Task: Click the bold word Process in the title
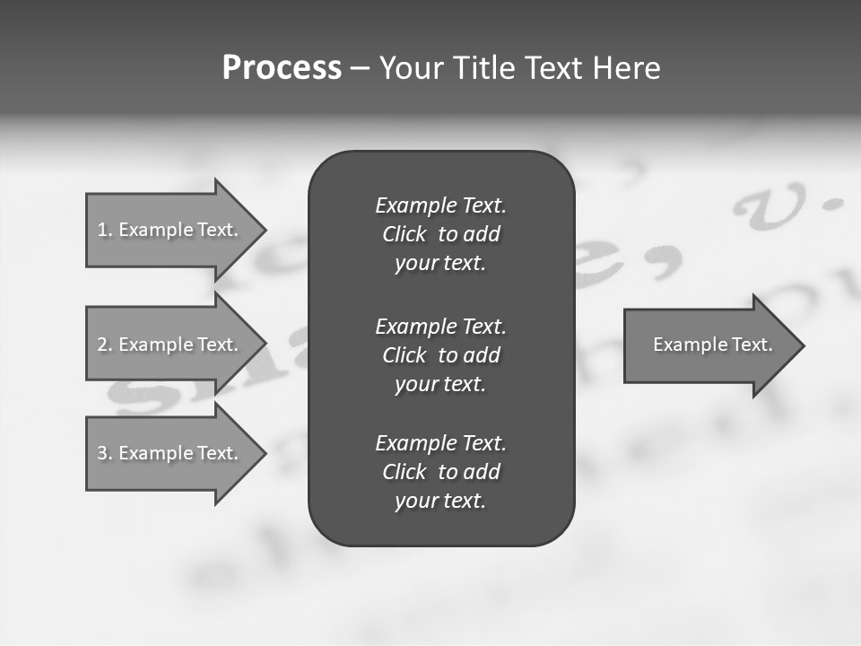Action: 282,68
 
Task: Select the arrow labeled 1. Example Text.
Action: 168,230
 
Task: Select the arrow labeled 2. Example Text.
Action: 168,345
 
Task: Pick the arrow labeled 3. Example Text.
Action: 168,453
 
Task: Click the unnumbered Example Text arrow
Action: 712,345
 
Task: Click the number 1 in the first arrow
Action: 102,230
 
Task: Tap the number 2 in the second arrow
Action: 102,345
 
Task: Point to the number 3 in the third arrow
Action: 102,453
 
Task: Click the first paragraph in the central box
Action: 440,234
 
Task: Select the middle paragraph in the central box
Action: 440,354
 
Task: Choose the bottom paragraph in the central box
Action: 440,472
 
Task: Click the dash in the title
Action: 360,69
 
